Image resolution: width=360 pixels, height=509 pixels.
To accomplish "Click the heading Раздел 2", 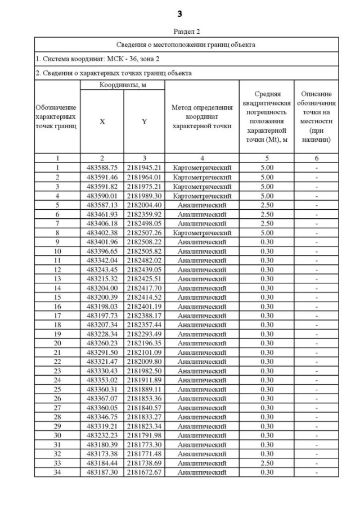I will pos(180,31).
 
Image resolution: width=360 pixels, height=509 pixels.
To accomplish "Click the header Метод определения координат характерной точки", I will pos(202,116).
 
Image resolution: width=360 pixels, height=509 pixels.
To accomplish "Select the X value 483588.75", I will pos(102,168).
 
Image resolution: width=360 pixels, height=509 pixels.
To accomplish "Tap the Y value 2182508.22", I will pos(144,241).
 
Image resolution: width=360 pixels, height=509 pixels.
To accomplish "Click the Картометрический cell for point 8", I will pos(202,232).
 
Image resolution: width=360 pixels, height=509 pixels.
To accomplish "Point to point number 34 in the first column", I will pos(57,472).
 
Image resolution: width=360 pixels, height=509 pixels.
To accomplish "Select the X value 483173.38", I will pos(102,453).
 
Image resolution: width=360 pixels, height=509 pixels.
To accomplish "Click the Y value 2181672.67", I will pos(144,472).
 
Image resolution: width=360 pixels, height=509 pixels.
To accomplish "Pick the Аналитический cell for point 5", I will pos(202,205).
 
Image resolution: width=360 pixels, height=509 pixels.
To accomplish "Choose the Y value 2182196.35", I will pos(144,343).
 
